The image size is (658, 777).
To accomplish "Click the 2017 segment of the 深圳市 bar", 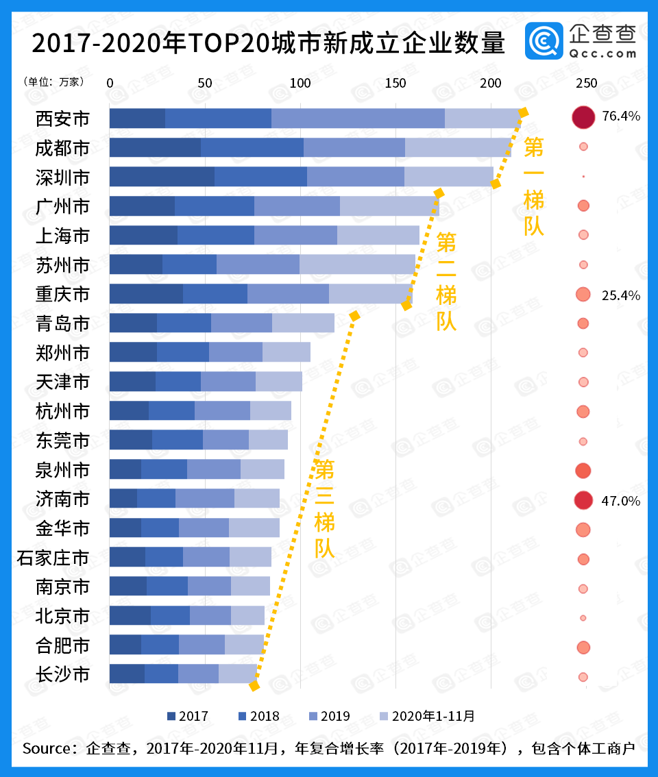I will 162,177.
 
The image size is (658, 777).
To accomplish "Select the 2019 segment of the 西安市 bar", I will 358,118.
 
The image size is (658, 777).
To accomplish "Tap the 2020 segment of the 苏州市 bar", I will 357,264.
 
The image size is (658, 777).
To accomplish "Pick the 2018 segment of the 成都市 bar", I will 252,147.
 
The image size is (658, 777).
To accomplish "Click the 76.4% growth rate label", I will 621,116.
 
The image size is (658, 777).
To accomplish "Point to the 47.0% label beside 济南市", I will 621,501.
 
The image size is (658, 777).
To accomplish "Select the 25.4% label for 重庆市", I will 621,295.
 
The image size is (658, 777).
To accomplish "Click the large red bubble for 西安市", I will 583,117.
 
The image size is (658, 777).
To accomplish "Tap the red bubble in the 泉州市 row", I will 583,471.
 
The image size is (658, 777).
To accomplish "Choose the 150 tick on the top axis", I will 395,83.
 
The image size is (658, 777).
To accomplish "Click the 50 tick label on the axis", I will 204,83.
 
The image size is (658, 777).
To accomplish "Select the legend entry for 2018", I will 257,716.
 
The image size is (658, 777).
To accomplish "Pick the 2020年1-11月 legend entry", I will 426,716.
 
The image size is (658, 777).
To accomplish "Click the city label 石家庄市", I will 53,558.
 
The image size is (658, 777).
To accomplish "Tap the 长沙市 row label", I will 62,674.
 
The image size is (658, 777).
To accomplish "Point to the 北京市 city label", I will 62,616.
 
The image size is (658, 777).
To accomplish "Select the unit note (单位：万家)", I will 54,82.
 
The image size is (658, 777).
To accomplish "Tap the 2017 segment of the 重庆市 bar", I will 146,294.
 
